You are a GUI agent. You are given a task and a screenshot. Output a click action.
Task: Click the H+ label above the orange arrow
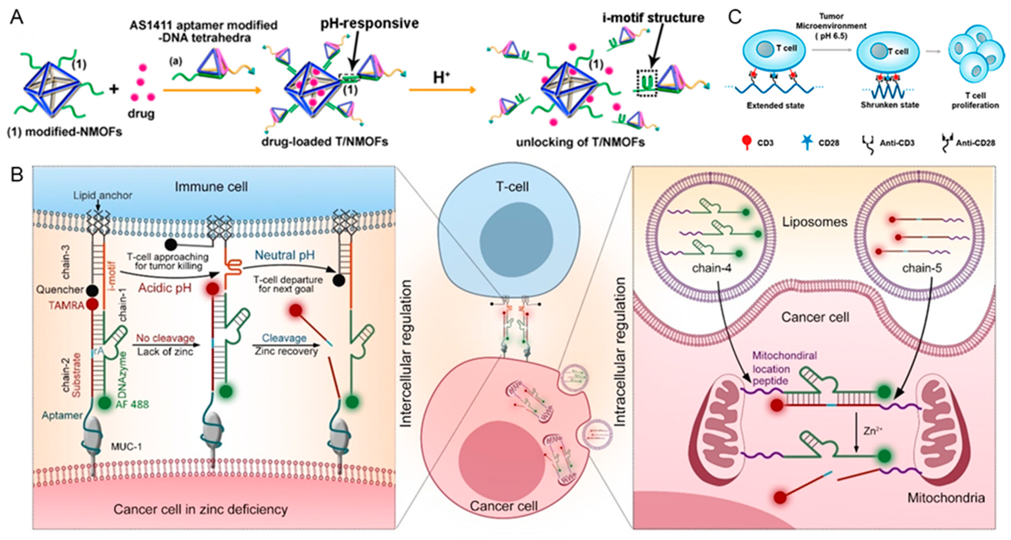pos(441,77)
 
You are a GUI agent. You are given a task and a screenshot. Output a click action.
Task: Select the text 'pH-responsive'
pos(369,23)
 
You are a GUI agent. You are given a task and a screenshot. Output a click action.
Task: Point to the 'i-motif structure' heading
pos(653,18)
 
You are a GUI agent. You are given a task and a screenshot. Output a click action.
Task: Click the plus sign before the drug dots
pos(114,89)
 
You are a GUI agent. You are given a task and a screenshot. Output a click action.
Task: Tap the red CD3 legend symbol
pos(747,142)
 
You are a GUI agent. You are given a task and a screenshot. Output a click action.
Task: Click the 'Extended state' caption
pos(775,105)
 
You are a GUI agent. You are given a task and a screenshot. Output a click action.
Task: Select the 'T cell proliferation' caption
pos(975,100)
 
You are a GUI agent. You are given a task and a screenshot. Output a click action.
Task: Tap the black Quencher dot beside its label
pos(92,291)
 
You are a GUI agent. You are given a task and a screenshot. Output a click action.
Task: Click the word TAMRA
pos(66,305)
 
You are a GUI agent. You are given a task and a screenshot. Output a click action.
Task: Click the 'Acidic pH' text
pos(165,288)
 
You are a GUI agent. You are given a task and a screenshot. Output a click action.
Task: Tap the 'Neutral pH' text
pos(285,255)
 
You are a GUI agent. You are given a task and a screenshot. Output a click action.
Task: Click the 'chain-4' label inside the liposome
pos(711,268)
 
